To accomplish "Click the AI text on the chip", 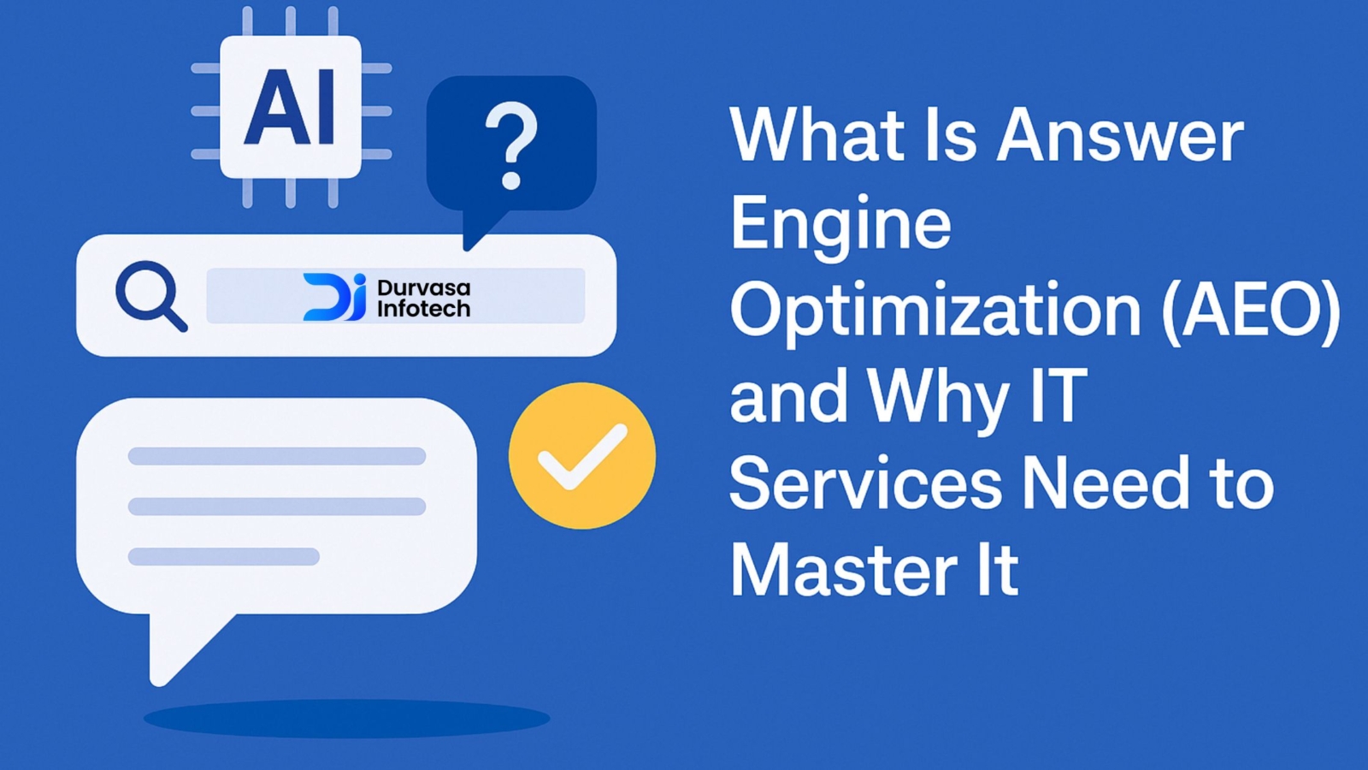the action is (x=290, y=107).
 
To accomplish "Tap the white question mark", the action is (x=512, y=145).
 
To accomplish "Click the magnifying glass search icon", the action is (x=150, y=296).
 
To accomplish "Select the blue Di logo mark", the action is (x=334, y=296).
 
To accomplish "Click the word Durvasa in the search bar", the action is (x=424, y=287).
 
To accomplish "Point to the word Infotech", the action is (x=424, y=307).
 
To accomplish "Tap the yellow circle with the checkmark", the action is (x=582, y=456).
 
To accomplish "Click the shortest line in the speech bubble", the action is (x=223, y=556).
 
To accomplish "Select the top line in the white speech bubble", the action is (x=277, y=456).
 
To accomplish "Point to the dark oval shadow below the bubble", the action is (x=347, y=718).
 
